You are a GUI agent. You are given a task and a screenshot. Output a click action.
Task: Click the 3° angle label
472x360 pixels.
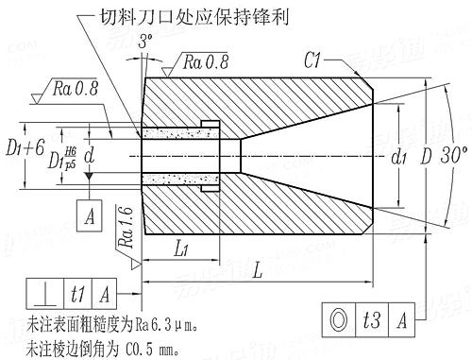[x=144, y=41]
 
